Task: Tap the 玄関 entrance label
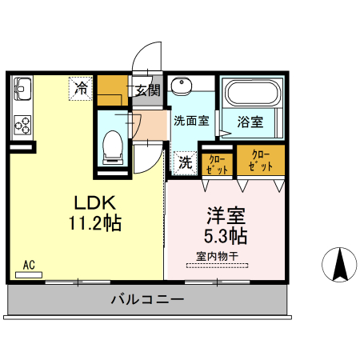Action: [146, 90]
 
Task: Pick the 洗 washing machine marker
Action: [184, 161]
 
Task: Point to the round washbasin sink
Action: [182, 87]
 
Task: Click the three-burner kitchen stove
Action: [22, 125]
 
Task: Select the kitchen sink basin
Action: [22, 86]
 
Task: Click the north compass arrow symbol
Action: [339, 264]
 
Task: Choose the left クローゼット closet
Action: [216, 162]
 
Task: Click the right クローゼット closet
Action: [260, 159]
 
